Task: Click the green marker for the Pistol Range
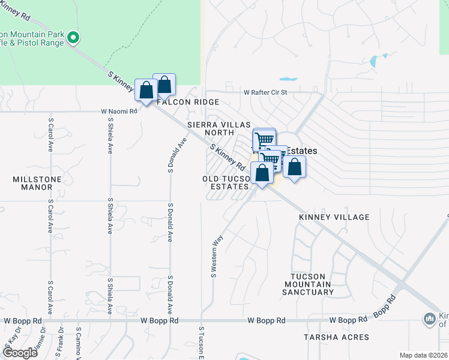73,38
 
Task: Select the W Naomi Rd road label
119,111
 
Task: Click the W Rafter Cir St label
266,92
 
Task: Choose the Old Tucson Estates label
226,183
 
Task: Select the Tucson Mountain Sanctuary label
312,284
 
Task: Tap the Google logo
19,353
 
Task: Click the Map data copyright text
423,355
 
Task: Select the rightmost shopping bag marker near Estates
294,167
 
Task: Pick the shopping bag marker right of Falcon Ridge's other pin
164,85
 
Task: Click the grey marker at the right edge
429,318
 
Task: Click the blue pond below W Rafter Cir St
288,79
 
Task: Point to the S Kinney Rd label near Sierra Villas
227,156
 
